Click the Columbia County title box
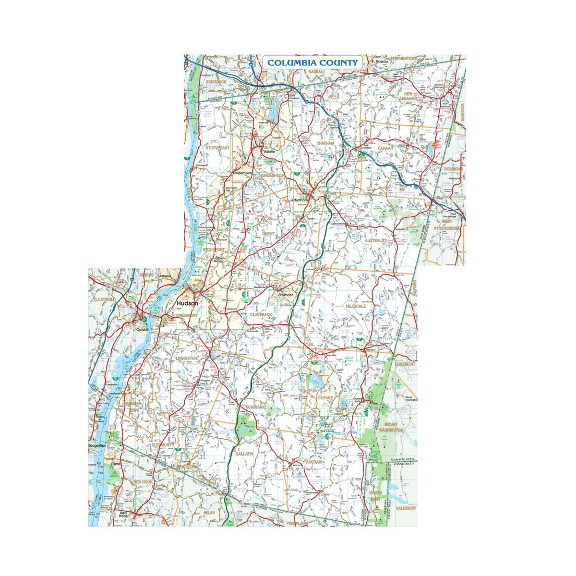click(x=312, y=62)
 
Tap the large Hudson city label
click(x=187, y=304)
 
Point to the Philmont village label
click(x=285, y=294)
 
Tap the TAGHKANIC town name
click(x=255, y=407)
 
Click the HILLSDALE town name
click(x=356, y=306)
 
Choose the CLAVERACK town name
click(x=261, y=314)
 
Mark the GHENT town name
click(x=268, y=234)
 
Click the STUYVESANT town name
click(x=217, y=148)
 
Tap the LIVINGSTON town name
click(x=186, y=358)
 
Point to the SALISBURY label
click(x=406, y=508)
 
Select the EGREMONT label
click(x=406, y=364)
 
